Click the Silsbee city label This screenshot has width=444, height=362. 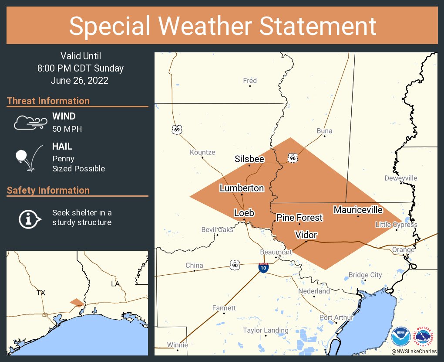[x=249, y=159]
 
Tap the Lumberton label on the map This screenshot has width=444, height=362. [x=242, y=188]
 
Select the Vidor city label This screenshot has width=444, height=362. [x=306, y=235]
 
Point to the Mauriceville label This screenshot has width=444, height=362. [x=358, y=210]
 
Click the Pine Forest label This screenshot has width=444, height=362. [x=299, y=217]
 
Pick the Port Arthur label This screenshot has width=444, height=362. [x=336, y=318]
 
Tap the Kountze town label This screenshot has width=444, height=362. [x=202, y=152]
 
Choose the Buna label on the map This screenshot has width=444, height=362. [x=324, y=131]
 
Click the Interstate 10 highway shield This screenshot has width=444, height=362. [x=263, y=268]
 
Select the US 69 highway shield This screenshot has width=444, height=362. [x=177, y=130]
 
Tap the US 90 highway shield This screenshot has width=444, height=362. [x=234, y=264]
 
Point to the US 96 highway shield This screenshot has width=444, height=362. [x=293, y=158]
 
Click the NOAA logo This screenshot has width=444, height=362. [x=400, y=336]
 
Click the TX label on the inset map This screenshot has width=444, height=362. [x=41, y=293]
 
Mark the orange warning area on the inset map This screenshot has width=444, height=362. [x=77, y=302]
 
